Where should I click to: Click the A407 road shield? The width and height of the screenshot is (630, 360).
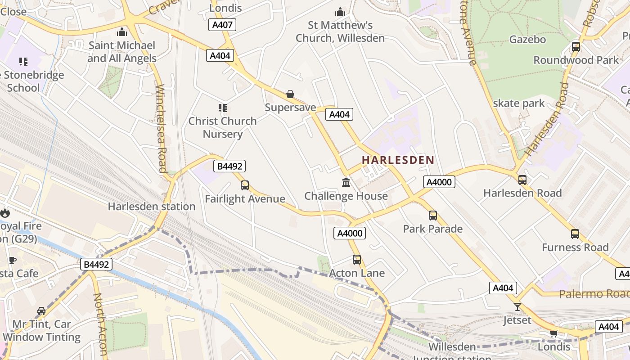coord(222,25)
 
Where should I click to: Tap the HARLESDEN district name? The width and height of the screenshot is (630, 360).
coord(398,160)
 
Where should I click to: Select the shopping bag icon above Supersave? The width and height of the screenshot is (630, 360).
coord(290,94)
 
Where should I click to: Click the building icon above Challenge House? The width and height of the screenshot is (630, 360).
coord(346,182)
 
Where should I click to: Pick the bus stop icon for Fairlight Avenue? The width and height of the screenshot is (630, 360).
coord(245,185)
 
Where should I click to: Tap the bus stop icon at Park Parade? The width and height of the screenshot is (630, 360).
coord(432,215)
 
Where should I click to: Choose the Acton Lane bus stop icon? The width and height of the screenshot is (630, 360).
coord(357,259)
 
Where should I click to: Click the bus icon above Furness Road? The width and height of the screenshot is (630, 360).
coord(575,234)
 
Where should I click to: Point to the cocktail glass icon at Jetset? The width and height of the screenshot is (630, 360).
coord(517,307)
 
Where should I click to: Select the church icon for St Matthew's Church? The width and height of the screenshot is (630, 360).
coord(340,12)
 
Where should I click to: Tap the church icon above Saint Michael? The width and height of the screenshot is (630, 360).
coord(121,32)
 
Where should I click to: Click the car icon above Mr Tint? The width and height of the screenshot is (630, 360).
coord(41,310)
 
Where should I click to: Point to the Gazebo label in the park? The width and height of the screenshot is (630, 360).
coord(527,40)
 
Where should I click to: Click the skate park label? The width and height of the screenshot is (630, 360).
coord(519,103)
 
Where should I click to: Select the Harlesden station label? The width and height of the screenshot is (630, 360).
coord(152,207)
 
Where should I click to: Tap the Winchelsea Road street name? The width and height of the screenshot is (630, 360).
coord(162,128)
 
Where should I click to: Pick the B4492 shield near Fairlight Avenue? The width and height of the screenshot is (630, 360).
coord(230,166)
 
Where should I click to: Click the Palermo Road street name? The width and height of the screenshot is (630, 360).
coord(594,294)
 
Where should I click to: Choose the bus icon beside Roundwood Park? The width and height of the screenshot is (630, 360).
coord(576,46)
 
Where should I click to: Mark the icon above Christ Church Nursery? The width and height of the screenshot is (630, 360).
coord(223,108)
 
